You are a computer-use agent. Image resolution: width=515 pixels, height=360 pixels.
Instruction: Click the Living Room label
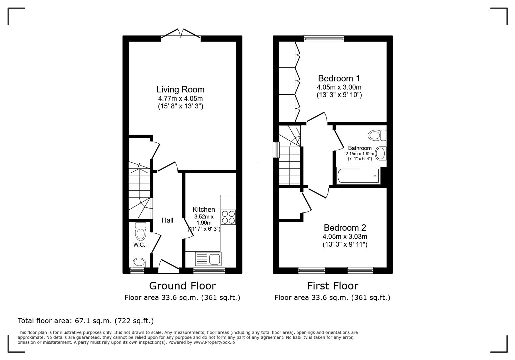pyautogui.click(x=180, y=89)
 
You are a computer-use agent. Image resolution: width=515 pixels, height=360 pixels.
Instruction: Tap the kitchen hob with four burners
pyautogui.click(x=228, y=217)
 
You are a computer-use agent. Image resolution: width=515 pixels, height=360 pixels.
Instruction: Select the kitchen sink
pyautogui.click(x=208, y=259)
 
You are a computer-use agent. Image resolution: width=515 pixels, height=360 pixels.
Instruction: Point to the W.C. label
pyautogui.click(x=139, y=245)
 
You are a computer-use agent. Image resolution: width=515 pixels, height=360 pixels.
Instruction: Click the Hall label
pyautogui.click(x=167, y=220)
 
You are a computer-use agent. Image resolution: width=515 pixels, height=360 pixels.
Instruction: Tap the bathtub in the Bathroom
pyautogui.click(x=358, y=176)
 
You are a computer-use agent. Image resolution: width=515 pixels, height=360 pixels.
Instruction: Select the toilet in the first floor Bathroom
pyautogui.click(x=377, y=135)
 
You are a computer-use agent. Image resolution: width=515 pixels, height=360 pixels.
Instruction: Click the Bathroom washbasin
pyautogui.click(x=381, y=154)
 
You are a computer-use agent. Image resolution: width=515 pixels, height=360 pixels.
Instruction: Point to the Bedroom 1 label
pyautogui.click(x=339, y=78)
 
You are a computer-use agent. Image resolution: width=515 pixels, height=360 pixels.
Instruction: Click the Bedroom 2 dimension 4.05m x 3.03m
pyautogui.click(x=345, y=237)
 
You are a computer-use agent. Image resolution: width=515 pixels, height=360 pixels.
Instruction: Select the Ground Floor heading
pyautogui.click(x=182, y=286)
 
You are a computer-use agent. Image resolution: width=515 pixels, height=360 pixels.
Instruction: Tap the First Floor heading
pyautogui.click(x=332, y=286)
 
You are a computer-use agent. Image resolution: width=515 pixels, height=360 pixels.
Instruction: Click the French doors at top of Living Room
pyautogui.click(x=181, y=34)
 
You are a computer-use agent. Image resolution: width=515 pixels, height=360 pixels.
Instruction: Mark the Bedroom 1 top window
pyautogui.click(x=323, y=39)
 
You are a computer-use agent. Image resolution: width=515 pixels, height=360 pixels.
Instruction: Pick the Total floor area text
pyautogui.click(x=86, y=321)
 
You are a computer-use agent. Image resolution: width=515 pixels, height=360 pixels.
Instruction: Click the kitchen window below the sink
pyautogui.click(x=209, y=270)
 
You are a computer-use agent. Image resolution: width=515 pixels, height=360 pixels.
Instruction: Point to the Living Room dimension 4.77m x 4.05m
pyautogui.click(x=180, y=99)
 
